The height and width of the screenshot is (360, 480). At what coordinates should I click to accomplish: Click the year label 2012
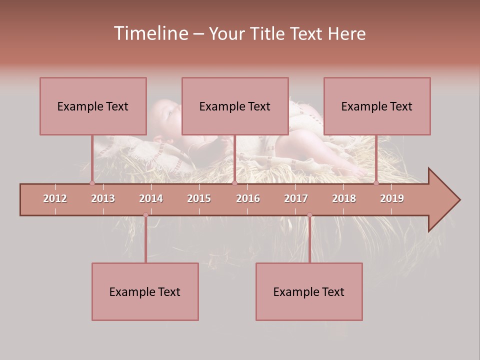coord(55,198)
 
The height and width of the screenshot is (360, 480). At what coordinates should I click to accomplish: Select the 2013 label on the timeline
coord(103,198)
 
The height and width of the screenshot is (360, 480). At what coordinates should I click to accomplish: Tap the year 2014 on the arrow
coord(151,198)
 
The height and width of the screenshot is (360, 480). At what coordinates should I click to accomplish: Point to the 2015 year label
coord(199,198)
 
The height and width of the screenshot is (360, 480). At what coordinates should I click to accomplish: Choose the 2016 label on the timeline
coord(248,198)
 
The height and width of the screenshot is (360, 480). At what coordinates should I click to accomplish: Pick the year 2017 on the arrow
coord(296,198)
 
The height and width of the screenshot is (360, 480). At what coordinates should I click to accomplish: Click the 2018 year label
coord(344,198)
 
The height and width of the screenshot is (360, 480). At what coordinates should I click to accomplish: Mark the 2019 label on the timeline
coord(392,198)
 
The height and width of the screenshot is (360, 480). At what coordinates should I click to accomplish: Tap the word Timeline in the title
coord(150,33)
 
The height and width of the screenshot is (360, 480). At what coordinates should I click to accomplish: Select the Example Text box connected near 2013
coord(93,106)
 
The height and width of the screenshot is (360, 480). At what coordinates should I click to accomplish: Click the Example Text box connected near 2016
coord(235,106)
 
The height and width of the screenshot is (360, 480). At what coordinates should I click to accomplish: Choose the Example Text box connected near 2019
coord(377,106)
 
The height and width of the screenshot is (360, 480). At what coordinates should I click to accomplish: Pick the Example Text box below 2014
coord(145,291)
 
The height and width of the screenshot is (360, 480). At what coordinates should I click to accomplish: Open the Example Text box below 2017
coord(309,291)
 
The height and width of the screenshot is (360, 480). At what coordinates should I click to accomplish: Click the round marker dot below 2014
coord(145,215)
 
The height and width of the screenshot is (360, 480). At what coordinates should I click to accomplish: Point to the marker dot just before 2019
coord(376,183)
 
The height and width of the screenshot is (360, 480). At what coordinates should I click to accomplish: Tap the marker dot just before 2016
coord(234,183)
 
